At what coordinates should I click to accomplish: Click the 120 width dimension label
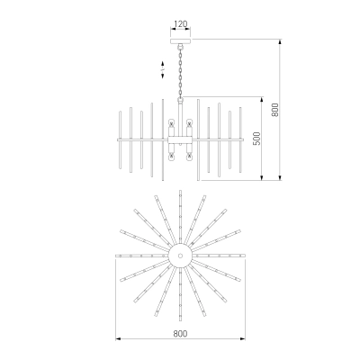coord(181,23)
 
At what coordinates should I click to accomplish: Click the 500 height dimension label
coord(257,139)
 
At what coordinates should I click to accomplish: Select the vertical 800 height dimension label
coord(275,110)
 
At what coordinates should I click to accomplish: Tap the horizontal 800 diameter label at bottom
coord(180,333)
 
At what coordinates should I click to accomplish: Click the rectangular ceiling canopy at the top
coord(181,41)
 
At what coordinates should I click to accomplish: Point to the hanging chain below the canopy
coord(181,73)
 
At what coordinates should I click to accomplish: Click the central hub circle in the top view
coord(180,256)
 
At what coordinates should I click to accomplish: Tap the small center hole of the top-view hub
coord(180,256)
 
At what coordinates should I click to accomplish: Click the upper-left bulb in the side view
coord(172,122)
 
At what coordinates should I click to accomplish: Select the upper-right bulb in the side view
coord(189,122)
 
